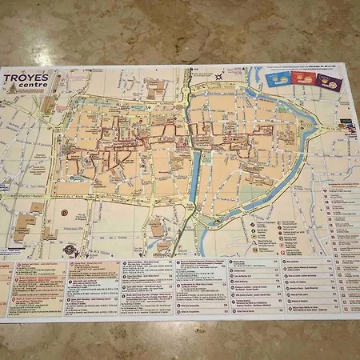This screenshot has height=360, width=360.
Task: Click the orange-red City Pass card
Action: [303, 79]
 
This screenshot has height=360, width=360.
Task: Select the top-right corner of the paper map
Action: [354, 66]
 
